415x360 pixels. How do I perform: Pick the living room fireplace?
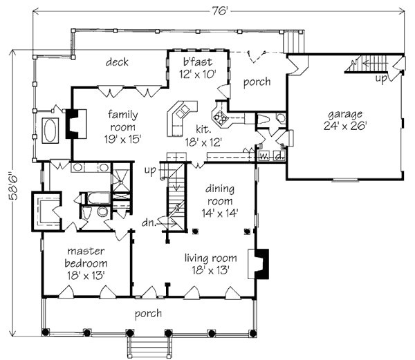point(261,263)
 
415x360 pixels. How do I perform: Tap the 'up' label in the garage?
point(381,78)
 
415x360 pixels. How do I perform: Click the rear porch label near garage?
point(255,82)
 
